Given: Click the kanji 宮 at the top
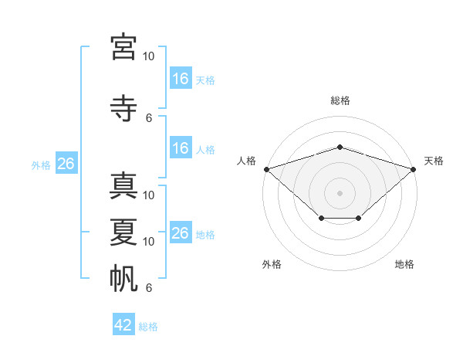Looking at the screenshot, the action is (x=123, y=47).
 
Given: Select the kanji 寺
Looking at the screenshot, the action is (x=123, y=108).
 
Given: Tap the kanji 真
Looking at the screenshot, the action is (x=123, y=186).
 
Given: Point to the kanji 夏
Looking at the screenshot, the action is (x=123, y=232).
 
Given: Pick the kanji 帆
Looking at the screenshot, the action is (x=123, y=279).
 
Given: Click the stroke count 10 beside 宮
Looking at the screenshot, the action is (x=148, y=56).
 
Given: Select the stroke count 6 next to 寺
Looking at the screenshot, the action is (x=149, y=118).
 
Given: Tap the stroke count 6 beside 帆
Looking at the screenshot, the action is (x=149, y=287).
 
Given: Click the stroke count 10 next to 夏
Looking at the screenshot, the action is (x=148, y=242).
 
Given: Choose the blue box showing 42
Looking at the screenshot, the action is (x=123, y=324).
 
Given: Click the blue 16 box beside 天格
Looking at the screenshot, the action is (x=181, y=78).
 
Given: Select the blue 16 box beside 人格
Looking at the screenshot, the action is (x=181, y=148).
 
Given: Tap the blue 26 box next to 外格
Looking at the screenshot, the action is (x=66, y=163).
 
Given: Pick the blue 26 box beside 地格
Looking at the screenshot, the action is (x=181, y=232).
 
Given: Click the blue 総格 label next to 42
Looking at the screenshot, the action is (x=148, y=327).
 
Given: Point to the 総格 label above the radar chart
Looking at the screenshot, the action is (x=340, y=100).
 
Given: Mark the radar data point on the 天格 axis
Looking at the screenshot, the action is (x=414, y=169).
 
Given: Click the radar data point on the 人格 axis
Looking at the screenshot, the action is (x=267, y=169).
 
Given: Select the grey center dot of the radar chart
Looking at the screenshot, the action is (x=340, y=193).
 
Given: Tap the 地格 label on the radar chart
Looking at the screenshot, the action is (x=404, y=264).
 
